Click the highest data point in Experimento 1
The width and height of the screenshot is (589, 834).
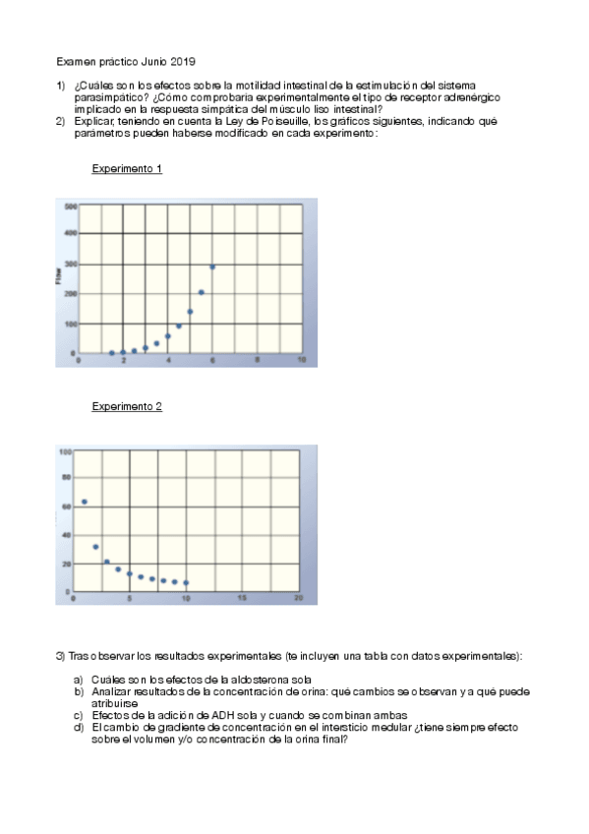pyautogui.click(x=212, y=267)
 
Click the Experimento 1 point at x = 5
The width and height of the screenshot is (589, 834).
pyautogui.click(x=190, y=312)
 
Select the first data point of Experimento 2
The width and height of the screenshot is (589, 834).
pyautogui.click(x=85, y=502)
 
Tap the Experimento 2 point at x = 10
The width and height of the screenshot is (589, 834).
pyautogui.click(x=186, y=583)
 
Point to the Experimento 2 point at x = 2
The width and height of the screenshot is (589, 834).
pyautogui.click(x=95, y=547)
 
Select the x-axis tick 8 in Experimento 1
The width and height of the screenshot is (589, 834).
pyautogui.click(x=258, y=361)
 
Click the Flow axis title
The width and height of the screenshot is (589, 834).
pyautogui.click(x=59, y=278)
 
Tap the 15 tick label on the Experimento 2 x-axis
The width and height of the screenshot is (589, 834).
pyautogui.click(x=242, y=598)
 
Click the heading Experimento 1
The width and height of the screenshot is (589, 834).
pyautogui.click(x=127, y=169)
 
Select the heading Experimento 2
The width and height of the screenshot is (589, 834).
pyautogui.click(x=127, y=406)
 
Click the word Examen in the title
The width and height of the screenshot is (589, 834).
pyautogui.click(x=74, y=61)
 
